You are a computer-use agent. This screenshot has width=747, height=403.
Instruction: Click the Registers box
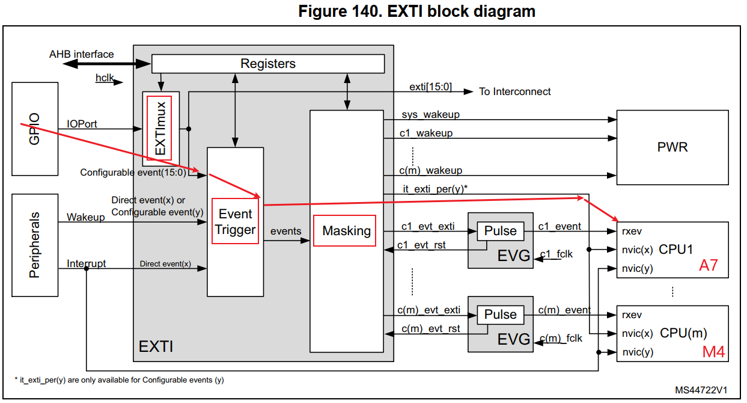267,64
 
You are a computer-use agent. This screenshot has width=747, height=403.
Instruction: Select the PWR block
672,146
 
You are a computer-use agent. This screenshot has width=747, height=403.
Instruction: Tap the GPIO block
35,128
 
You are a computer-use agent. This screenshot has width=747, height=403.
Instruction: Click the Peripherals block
35,244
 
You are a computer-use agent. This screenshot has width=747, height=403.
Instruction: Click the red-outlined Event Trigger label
235,221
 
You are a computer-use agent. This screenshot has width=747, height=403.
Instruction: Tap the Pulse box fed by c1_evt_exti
500,231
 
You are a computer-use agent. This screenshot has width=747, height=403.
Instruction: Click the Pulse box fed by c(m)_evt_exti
500,315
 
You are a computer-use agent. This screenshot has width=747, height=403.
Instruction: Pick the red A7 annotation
708,265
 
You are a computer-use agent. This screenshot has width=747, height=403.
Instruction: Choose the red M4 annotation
714,352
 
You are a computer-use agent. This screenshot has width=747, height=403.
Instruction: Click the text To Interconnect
514,91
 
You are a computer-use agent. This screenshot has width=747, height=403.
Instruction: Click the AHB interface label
81,54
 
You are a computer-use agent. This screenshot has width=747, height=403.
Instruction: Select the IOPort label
82,124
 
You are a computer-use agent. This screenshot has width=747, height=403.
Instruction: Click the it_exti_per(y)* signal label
435,188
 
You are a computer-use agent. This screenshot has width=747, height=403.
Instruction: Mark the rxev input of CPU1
632,230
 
